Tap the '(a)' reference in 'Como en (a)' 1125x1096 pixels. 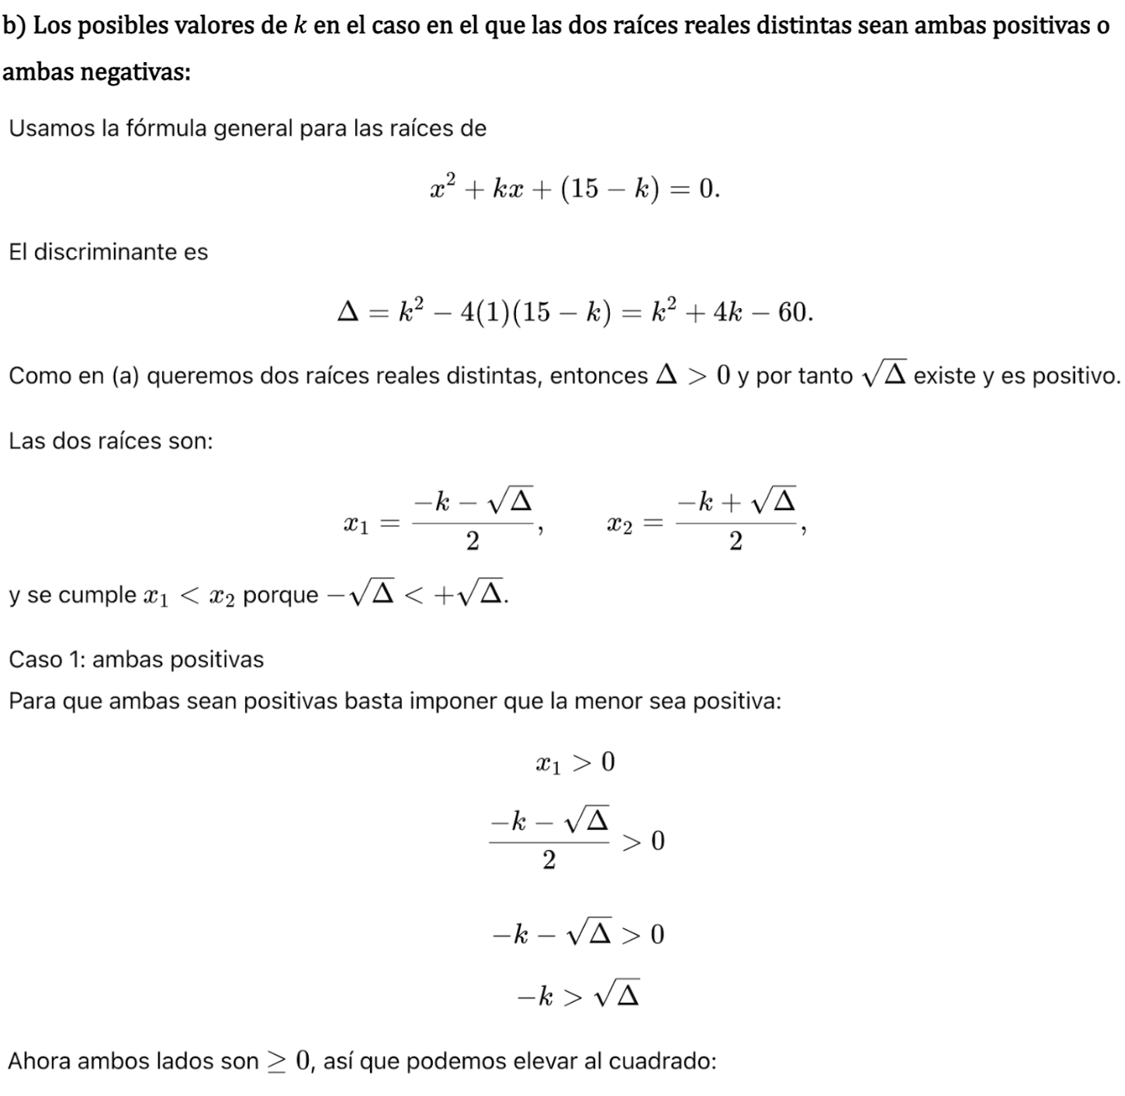click(126, 376)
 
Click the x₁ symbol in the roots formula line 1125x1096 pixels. click(355, 525)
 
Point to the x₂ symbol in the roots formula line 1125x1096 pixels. click(619, 525)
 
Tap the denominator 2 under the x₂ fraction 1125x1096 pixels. click(736, 542)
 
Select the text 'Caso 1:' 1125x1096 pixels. click(47, 660)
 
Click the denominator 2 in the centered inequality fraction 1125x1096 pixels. click(549, 860)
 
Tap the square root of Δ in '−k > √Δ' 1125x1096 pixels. click(617, 994)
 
